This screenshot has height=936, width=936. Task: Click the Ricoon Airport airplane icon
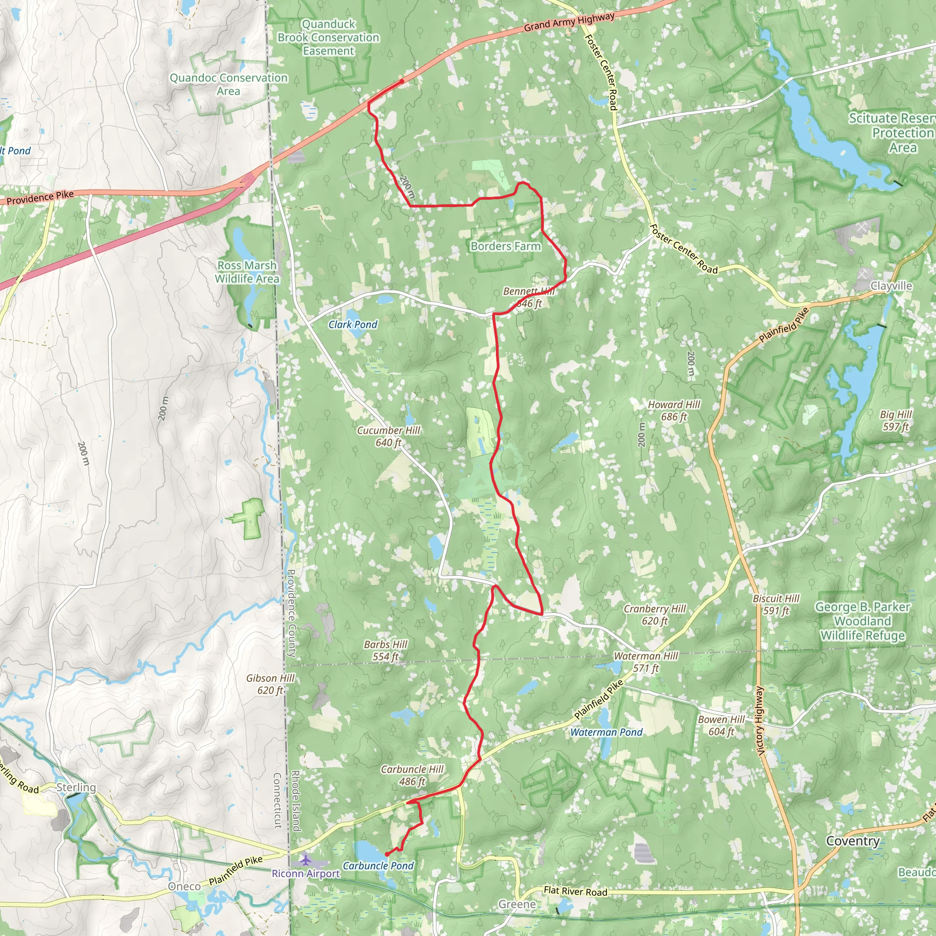point(306,860)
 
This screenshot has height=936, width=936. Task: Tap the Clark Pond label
point(353,324)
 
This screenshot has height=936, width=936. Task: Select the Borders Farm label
point(505,246)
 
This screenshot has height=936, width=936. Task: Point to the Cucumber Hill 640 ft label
point(388,436)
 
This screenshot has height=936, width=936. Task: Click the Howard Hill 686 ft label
point(674,410)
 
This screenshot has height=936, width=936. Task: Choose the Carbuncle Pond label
point(378,865)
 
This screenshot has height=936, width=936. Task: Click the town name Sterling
point(76,787)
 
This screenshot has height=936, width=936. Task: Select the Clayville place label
point(891,286)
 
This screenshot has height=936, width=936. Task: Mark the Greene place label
point(517,904)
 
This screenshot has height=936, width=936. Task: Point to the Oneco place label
point(184,886)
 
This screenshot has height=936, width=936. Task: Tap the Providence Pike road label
point(40,197)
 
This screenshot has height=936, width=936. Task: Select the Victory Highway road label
point(760,720)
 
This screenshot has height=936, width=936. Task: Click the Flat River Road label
point(575,891)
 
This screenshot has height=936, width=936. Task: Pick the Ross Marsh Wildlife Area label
point(247,272)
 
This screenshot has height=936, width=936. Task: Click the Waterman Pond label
point(606,732)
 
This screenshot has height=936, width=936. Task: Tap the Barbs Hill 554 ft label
point(386,650)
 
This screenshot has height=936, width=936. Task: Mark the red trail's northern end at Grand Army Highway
point(402,81)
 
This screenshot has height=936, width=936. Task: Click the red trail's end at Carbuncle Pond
point(386,854)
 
